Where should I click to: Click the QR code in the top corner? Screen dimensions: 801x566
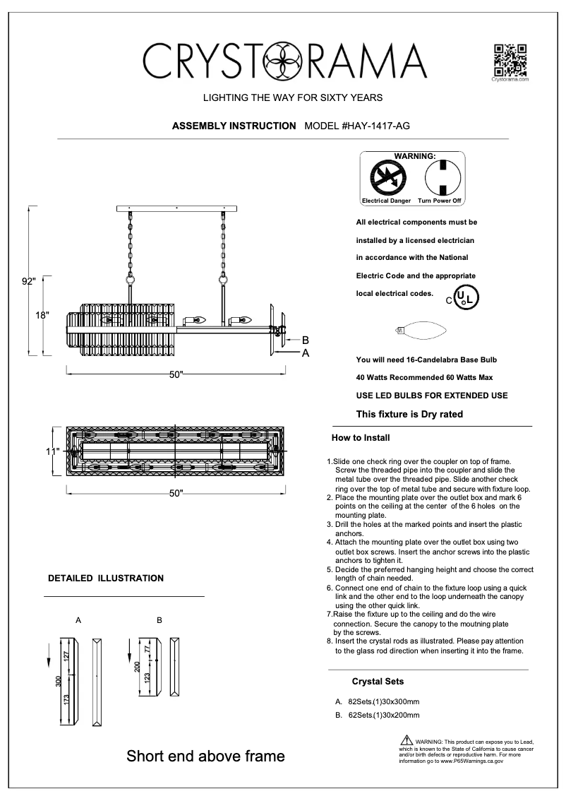[509, 59]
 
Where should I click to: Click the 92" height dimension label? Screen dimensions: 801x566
[28, 281]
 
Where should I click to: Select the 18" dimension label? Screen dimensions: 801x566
[42, 315]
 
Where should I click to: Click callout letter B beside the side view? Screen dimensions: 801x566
[305, 340]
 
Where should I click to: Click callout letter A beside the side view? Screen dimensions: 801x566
[305, 352]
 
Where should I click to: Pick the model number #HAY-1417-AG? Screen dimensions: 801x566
[357, 126]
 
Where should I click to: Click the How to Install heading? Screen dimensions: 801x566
[361, 438]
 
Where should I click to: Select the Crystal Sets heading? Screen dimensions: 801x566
[378, 682]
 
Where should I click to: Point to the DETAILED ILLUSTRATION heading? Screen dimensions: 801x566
[105, 578]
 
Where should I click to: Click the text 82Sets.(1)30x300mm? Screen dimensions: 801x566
[383, 701]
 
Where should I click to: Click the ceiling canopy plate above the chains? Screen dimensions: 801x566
[176, 208]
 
